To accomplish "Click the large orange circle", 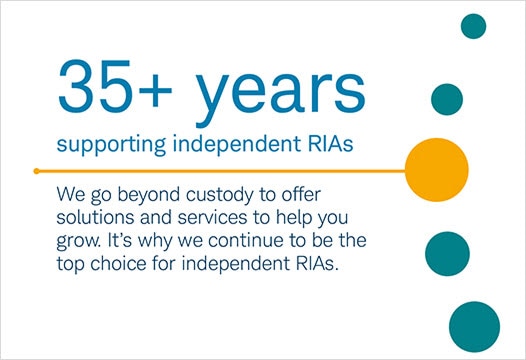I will (436, 168).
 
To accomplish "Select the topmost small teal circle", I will (473, 26).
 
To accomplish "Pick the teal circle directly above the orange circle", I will (446, 98).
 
